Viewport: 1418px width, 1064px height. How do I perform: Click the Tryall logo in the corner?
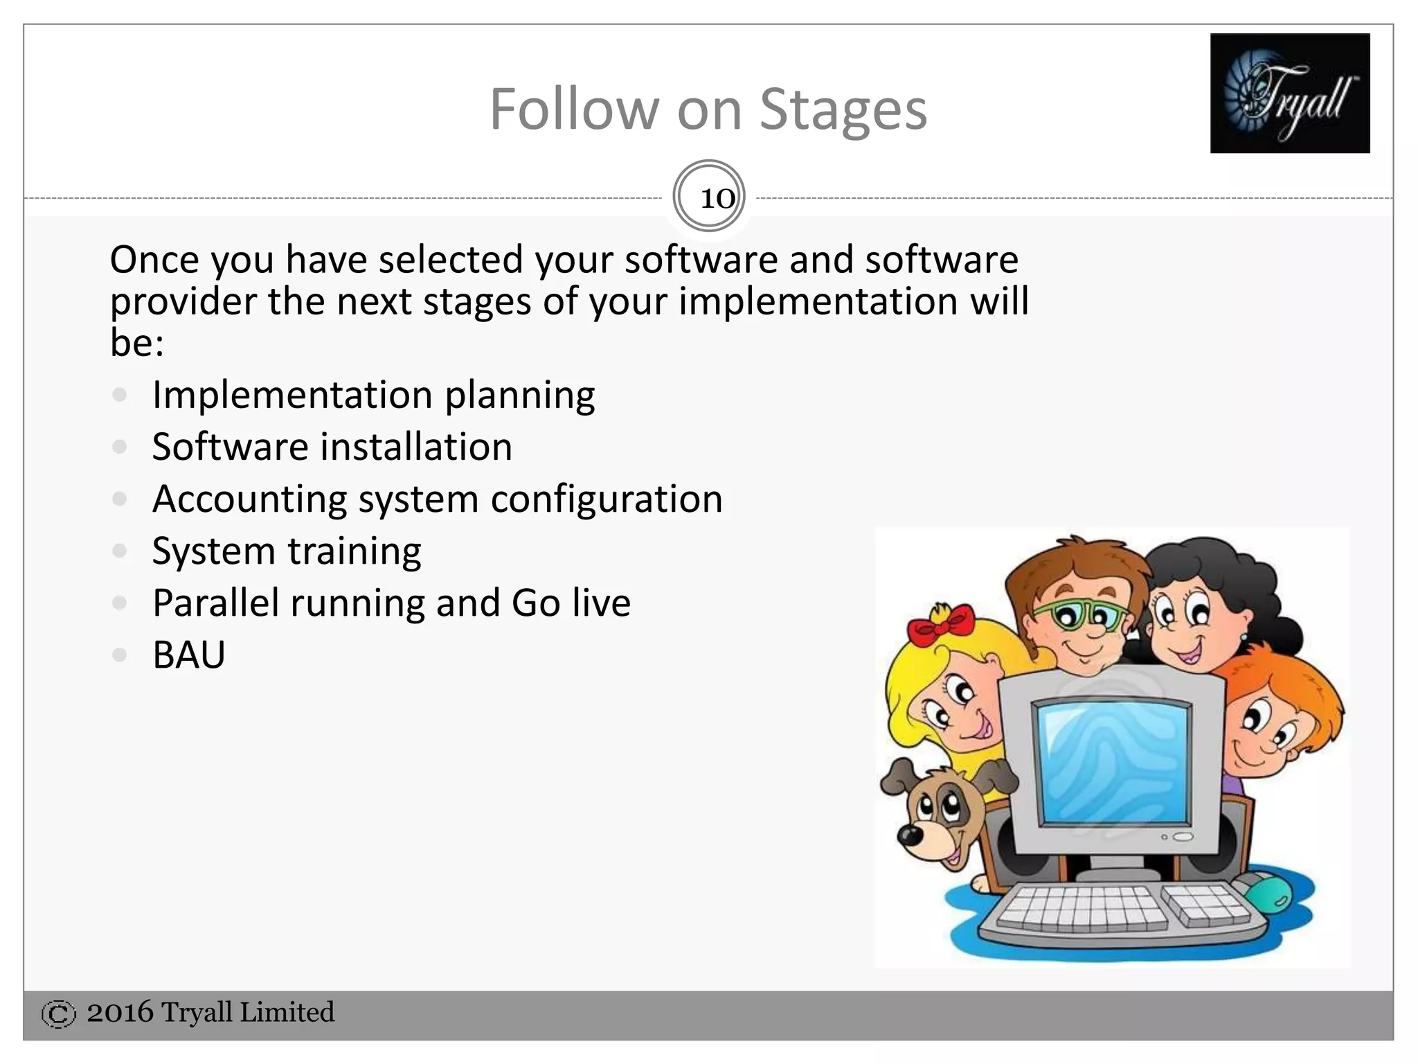[1289, 93]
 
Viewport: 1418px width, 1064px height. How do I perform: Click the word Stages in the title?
[843, 109]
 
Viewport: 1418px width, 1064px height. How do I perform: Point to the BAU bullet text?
[189, 655]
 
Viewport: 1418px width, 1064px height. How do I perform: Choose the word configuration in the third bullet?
[607, 499]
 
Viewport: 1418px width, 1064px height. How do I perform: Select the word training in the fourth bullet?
[354, 551]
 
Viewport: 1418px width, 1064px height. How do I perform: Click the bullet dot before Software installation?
[120, 447]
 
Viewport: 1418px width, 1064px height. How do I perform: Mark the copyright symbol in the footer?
[58, 1014]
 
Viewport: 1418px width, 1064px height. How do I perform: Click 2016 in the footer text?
[120, 1013]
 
